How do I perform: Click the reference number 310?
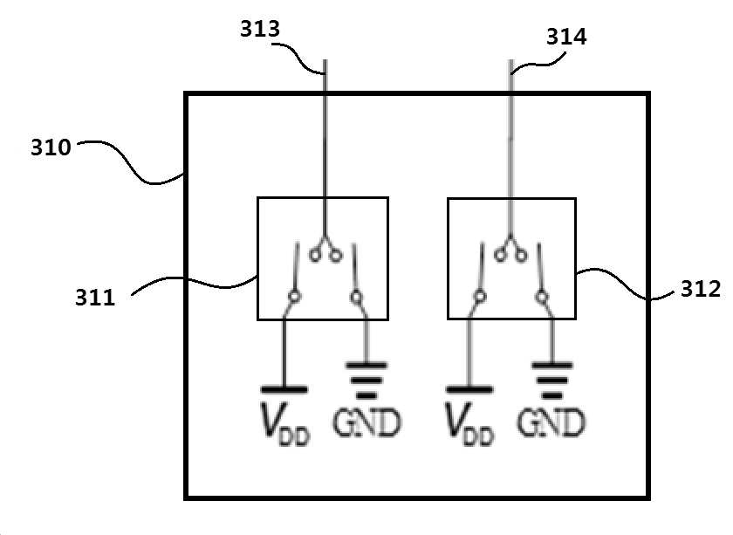pos(51,147)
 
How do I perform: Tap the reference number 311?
pos(95,298)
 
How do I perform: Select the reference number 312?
pos(700,289)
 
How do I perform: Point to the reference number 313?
pos(260,29)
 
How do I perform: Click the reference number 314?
pos(566,37)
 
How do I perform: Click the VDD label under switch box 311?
pos(284,423)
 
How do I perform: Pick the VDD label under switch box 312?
pos(469,423)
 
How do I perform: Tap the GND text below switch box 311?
pos(367,422)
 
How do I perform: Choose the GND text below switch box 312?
pos(551,422)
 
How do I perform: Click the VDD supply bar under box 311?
pos(284,389)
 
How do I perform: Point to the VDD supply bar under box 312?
pos(469,389)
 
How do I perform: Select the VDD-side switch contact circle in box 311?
pos(293,297)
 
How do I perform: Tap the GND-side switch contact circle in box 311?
pos(356,297)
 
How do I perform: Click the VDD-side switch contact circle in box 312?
pos(480,297)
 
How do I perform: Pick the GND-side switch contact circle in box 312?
pos(541,297)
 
